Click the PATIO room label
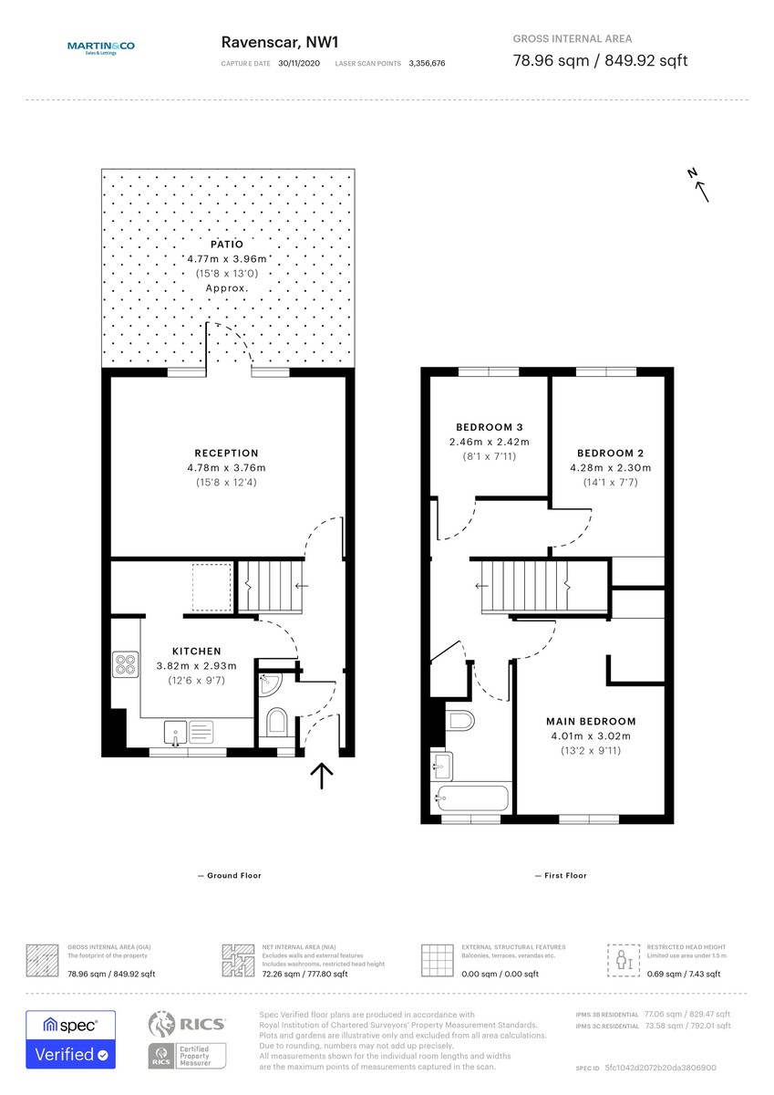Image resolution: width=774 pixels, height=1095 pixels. (x=228, y=245)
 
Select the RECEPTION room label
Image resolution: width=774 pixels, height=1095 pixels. (x=227, y=453)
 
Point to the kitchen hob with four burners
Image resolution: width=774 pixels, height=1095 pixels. (x=126, y=663)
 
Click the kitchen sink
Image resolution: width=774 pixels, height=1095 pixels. (x=175, y=730)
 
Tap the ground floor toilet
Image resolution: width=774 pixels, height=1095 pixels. (x=276, y=724)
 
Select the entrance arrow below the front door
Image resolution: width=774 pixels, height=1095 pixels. (x=321, y=776)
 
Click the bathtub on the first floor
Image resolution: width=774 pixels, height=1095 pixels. (x=471, y=798)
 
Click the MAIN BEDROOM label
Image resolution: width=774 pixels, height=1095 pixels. (x=591, y=721)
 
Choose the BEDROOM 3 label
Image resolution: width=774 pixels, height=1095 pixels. (x=489, y=427)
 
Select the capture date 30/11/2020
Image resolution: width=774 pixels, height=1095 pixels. (x=300, y=64)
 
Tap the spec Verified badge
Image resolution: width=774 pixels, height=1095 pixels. (x=70, y=1040)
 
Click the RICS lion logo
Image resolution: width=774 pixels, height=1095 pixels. (x=161, y=1025)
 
